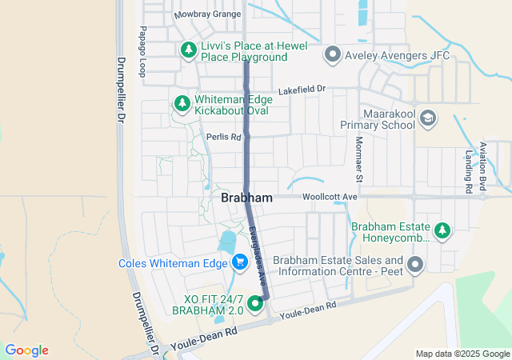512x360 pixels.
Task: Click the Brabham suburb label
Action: tap(246, 198)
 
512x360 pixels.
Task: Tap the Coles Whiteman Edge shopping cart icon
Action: tap(238, 262)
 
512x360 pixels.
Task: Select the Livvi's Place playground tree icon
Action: tap(189, 50)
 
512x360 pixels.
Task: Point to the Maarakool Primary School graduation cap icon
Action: tap(428, 118)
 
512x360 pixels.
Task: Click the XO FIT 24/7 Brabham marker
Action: tap(256, 303)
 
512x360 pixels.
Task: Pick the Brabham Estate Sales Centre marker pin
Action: tap(415, 265)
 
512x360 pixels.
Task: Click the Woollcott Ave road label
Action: tap(330, 196)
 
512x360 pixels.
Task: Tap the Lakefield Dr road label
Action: tap(302, 89)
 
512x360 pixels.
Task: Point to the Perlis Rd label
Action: tap(223, 137)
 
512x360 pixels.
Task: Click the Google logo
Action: tap(26, 350)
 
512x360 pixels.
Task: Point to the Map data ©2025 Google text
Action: tap(462, 354)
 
